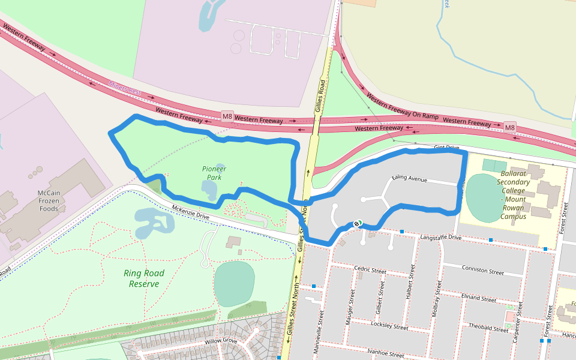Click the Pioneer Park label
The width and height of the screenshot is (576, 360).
214,173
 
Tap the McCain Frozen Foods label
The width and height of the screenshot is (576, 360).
48,200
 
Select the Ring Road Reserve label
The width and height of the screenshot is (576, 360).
144,278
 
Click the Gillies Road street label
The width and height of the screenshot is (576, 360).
320,96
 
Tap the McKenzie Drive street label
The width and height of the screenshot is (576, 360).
191,212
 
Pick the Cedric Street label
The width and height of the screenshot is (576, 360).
370,269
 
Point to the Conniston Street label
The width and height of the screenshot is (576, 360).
482,270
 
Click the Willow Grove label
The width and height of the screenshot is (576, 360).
221,341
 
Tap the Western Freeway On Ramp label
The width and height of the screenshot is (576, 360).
403,106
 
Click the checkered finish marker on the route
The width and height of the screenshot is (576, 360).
358,223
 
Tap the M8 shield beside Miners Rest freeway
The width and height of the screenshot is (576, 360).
227,116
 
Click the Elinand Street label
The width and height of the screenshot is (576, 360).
478,298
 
